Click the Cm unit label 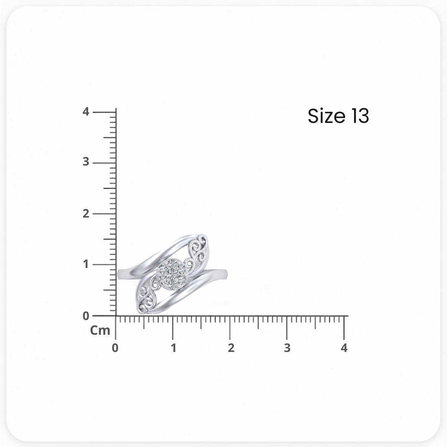100,330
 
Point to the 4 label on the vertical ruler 86,112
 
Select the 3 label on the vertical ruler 86,162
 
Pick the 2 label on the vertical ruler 86,213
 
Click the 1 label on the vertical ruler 86,264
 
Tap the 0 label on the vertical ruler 86,316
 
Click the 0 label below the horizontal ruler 115,348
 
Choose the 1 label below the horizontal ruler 173,348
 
